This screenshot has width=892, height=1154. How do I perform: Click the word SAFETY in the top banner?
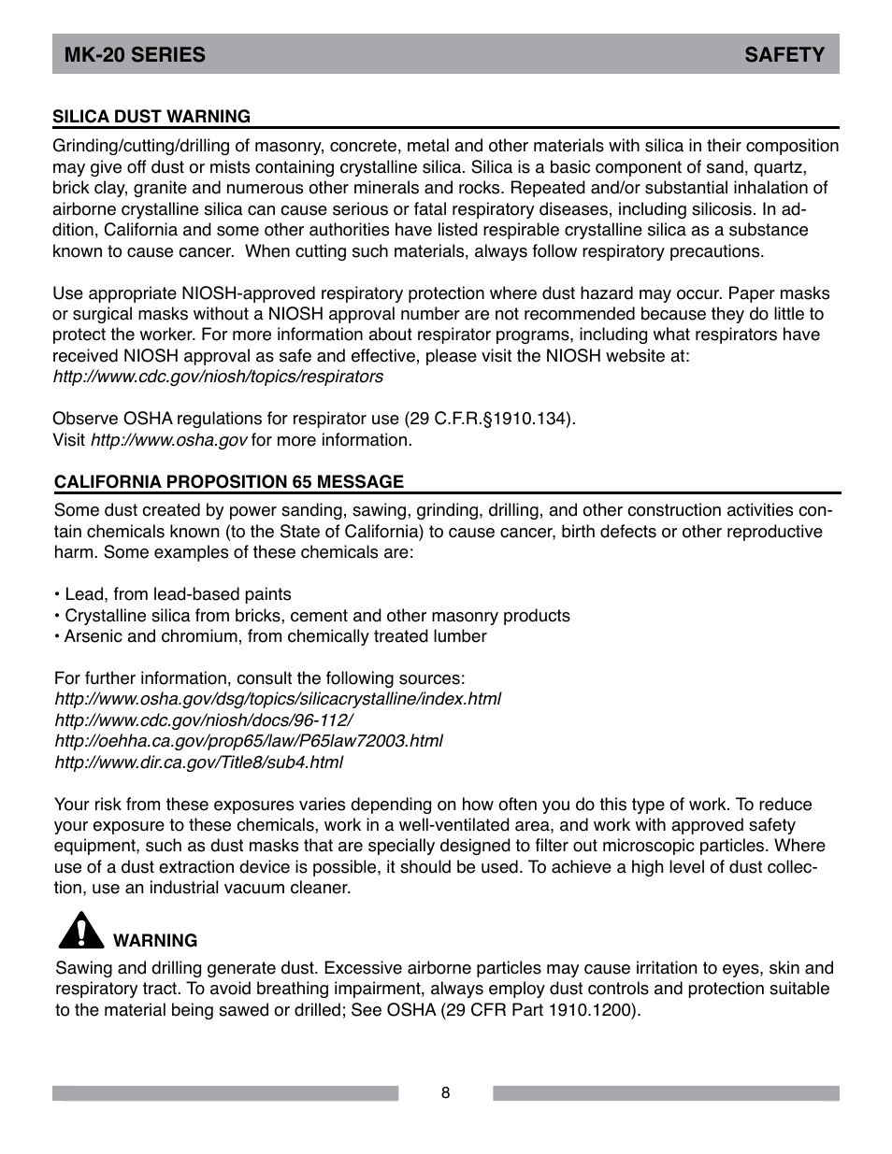[784, 55]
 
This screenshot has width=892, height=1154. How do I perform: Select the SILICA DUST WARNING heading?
[151, 117]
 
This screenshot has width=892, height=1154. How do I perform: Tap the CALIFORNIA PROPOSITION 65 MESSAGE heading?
[229, 482]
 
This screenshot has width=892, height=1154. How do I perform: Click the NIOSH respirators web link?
[218, 377]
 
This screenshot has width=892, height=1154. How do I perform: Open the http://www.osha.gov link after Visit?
[168, 440]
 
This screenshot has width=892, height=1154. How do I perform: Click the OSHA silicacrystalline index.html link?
[278, 699]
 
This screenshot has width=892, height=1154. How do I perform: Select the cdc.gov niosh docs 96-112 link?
[203, 720]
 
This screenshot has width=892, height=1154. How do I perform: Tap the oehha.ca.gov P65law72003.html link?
[249, 741]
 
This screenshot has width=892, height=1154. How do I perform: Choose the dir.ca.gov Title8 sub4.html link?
[198, 762]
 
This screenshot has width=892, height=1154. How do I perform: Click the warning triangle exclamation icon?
[79, 930]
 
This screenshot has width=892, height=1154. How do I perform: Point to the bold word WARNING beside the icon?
[155, 941]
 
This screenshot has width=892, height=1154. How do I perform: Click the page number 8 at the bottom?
[446, 1093]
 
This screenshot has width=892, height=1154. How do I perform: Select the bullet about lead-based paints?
[173, 594]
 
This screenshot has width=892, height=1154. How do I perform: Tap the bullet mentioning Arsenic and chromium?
[271, 636]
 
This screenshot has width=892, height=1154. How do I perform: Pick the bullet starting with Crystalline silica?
[312, 616]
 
